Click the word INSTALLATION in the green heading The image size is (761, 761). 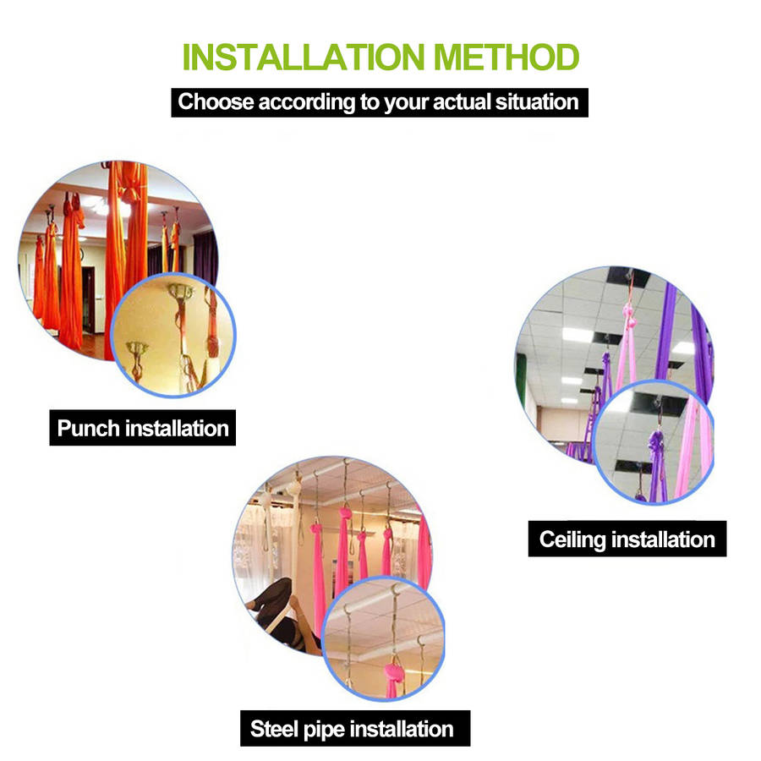(304, 57)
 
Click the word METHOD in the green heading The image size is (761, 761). (506, 57)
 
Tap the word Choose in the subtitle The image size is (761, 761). (216, 102)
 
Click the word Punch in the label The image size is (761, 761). (88, 429)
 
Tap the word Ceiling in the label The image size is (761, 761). (572, 540)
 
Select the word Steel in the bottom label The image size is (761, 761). (274, 729)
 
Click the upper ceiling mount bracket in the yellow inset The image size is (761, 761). (181, 291)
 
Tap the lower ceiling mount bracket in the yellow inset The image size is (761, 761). (136, 348)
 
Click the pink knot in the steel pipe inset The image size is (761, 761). (393, 673)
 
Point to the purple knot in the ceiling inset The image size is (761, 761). (655, 441)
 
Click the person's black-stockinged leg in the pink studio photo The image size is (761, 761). (271, 598)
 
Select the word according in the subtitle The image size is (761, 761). (307, 102)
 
